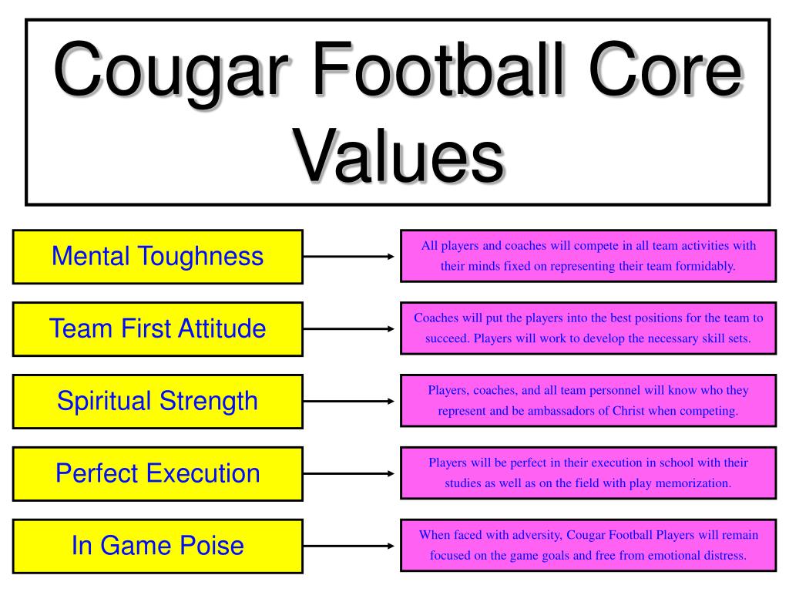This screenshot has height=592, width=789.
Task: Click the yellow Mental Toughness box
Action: click(x=157, y=256)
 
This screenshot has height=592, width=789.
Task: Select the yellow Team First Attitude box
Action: click(x=157, y=328)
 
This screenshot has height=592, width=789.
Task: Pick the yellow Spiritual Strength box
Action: click(x=157, y=401)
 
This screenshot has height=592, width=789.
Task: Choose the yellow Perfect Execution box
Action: click(x=157, y=473)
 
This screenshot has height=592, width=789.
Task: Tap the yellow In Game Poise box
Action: click(x=157, y=546)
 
